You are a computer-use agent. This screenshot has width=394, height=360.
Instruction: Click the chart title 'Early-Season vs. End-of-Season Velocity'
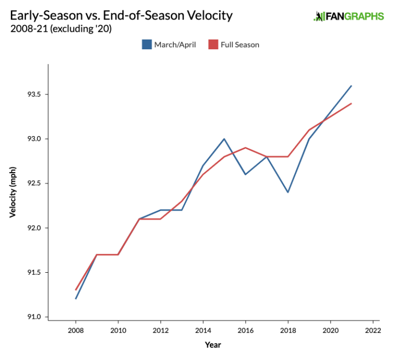121,15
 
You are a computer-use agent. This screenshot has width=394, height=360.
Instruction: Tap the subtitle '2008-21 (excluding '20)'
61,29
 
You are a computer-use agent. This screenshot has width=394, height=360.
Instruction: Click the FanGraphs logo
348,16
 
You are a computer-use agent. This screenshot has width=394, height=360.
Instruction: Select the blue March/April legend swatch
147,45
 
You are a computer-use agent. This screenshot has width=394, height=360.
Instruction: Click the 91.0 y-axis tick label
33,317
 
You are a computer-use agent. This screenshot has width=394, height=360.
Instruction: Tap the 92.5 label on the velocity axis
33,183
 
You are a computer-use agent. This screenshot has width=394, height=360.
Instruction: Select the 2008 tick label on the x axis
76,331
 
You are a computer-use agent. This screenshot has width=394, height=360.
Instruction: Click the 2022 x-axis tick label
372,331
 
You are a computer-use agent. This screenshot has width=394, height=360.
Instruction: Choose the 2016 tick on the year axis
245,331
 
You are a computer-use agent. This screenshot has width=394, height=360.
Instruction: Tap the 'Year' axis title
213,345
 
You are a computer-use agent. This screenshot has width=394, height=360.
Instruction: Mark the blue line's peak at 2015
224,139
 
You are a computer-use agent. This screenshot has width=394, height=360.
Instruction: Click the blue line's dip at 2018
288,192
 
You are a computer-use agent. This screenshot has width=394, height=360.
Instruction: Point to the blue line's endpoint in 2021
351,86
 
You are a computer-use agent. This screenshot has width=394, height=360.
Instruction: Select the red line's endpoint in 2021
351,103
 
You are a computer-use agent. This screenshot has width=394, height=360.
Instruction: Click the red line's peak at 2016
245,147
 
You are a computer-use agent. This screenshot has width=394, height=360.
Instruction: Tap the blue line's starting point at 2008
76,299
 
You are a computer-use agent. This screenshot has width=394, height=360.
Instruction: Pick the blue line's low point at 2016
245,174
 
